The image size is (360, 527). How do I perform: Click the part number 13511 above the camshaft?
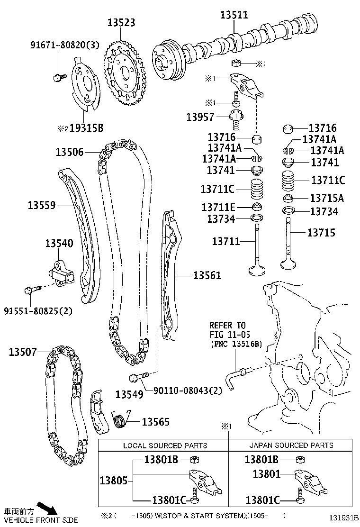coord(234,15)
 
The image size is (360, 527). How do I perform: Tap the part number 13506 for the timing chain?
coord(70,152)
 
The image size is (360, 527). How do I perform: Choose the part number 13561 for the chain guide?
coord(207,275)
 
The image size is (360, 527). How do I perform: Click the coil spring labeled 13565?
coord(120,419)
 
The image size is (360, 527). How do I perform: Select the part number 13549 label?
coord(129,394)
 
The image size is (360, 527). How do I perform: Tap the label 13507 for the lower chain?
coord(23,352)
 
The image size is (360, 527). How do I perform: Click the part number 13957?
coord(200,117)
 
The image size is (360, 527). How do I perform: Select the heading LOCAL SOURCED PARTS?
coord(165,445)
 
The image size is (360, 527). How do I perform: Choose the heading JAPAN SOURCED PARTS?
coord(291,445)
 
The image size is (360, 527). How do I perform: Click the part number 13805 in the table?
coord(114,481)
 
